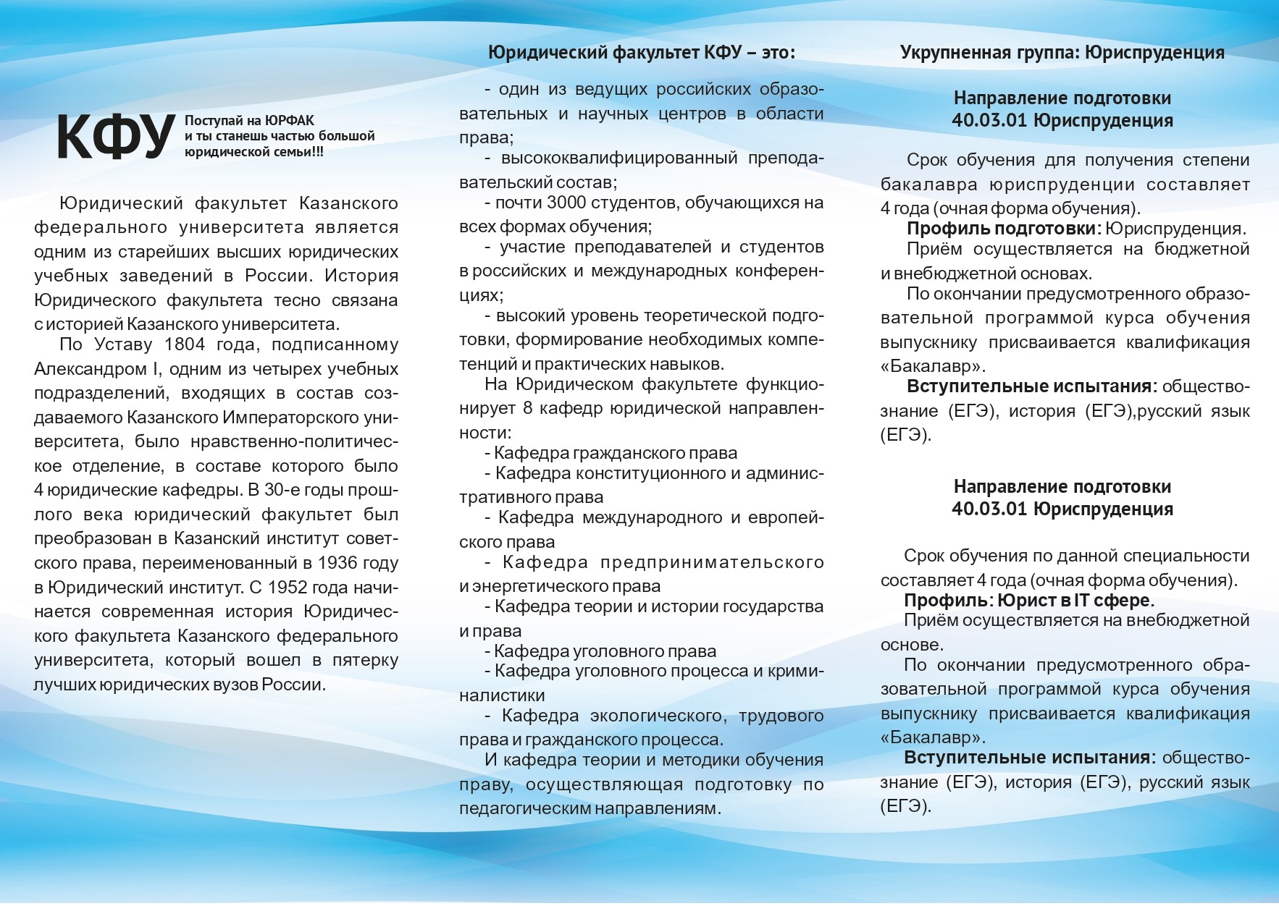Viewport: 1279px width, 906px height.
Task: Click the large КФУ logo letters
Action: click(x=116, y=137)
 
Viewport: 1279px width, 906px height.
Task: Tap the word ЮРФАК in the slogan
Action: click(x=290, y=120)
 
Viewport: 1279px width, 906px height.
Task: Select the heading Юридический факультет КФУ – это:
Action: click(x=642, y=52)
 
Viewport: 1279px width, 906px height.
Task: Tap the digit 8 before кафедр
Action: click(x=527, y=408)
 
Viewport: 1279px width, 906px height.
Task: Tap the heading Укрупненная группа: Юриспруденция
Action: click(x=1062, y=52)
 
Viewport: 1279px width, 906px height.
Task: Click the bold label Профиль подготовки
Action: click(x=1002, y=229)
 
